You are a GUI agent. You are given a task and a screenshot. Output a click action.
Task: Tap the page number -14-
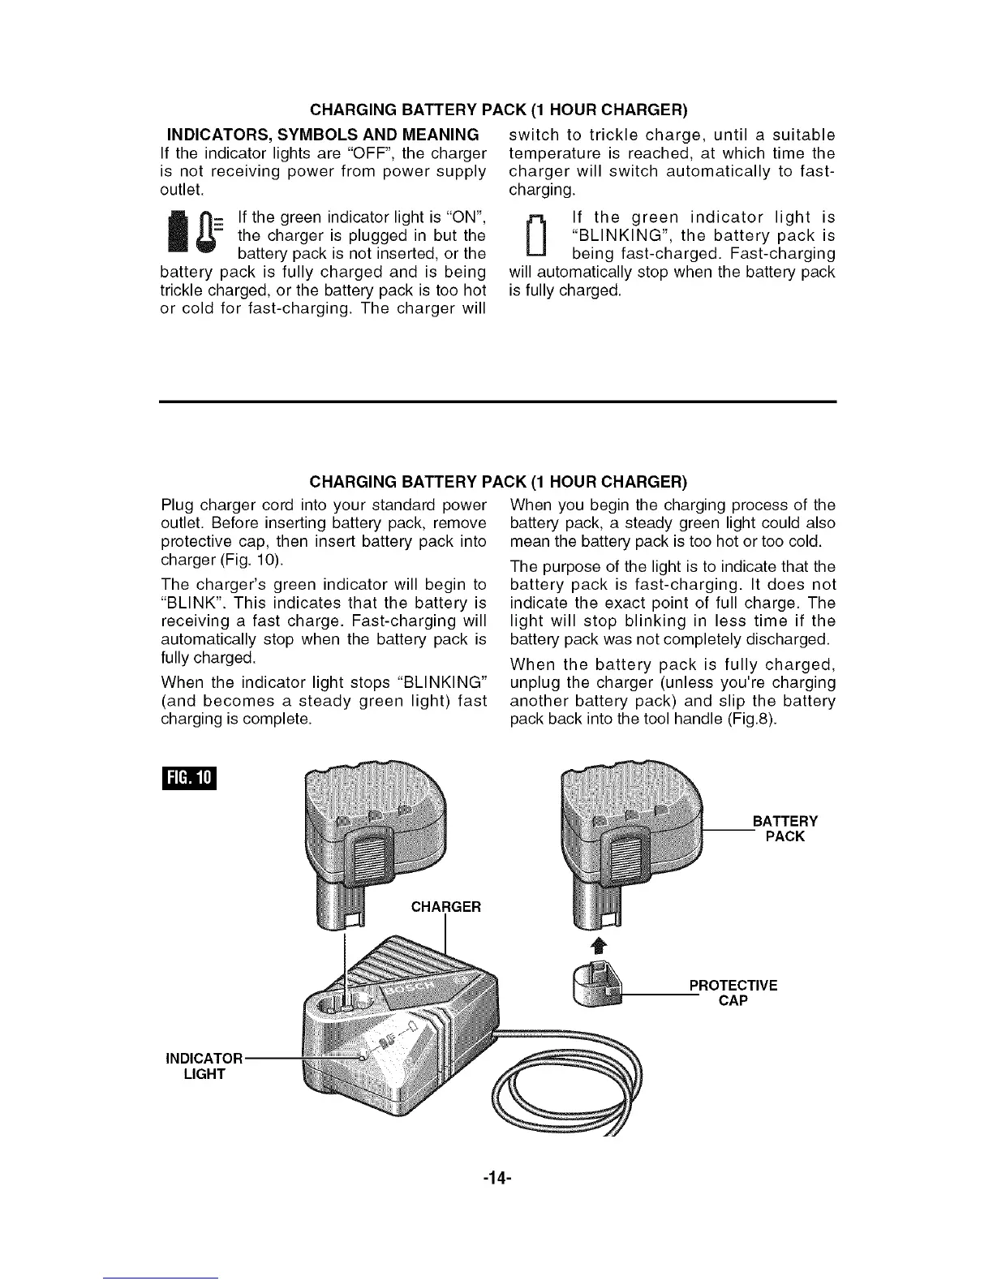click(x=496, y=1173)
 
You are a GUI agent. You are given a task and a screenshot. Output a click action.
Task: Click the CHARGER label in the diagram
click(x=446, y=906)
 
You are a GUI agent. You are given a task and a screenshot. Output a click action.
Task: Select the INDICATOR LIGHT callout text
click(x=203, y=1066)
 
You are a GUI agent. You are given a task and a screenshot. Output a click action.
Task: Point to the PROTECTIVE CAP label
click(x=733, y=993)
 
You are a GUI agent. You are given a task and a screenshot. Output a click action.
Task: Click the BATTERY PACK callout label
click(x=785, y=828)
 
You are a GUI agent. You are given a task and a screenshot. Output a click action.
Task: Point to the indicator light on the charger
click(x=364, y=1053)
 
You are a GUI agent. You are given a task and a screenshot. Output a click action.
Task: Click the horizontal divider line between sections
click(x=496, y=402)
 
